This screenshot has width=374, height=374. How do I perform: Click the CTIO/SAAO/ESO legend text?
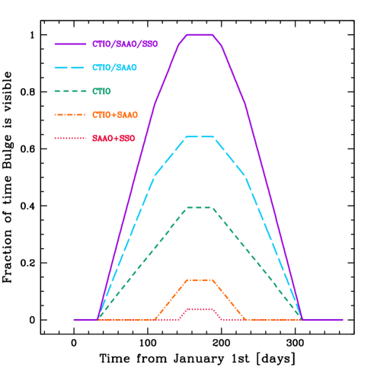coord(124,44)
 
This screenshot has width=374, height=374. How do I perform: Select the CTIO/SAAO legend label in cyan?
coord(114,68)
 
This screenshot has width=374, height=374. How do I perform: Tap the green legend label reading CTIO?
coord(101,91)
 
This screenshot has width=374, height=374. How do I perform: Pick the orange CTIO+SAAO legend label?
coord(115,115)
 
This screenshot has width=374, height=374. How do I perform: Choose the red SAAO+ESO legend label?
coord(113,139)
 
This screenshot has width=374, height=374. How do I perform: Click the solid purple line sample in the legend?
coord(70,44)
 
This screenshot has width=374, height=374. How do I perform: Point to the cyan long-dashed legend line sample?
coord(70,68)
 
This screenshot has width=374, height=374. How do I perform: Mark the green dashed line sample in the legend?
coord(70,91)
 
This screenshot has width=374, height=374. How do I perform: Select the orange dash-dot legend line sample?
coord(70,115)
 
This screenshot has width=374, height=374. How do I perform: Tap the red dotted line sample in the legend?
coord(70,139)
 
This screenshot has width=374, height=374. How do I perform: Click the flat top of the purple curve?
coord(200,35)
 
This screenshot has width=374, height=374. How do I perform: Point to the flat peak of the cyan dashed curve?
coord(200,137)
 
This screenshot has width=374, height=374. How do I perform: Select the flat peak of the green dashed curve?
coord(200,207)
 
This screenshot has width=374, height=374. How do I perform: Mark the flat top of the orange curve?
coord(200,280)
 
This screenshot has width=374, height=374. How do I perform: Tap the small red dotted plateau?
coord(200,308)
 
